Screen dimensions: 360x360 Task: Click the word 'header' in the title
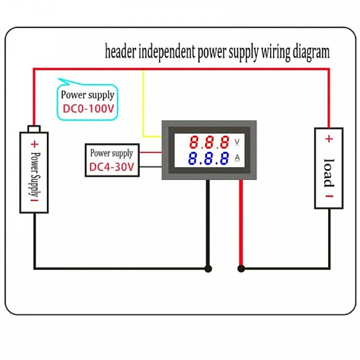[x=121, y=52]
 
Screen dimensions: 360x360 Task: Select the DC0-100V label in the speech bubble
[x=88, y=109]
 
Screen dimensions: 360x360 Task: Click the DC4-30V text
[x=112, y=167]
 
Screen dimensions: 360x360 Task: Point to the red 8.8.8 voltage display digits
[x=209, y=142]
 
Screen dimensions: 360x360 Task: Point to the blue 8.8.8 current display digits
[x=208, y=158]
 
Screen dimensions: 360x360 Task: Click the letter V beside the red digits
[x=237, y=142]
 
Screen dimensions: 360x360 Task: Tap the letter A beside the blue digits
[x=237, y=158]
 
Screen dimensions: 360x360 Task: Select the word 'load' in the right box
[x=329, y=173]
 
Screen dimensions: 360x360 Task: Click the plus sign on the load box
[x=329, y=139]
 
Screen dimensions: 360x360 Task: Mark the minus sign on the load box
[x=329, y=196]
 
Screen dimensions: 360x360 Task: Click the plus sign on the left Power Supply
[x=34, y=144]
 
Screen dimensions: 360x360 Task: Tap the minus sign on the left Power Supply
[x=34, y=200]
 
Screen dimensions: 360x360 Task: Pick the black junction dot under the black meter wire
[x=208, y=269]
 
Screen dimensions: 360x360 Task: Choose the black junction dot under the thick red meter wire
[x=241, y=268]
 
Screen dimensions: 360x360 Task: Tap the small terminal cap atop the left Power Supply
[x=34, y=128]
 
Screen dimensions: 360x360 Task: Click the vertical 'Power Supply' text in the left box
[x=35, y=175]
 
